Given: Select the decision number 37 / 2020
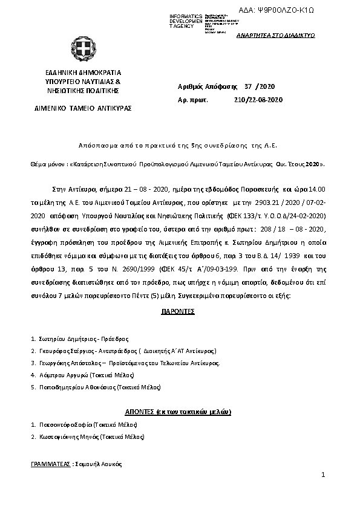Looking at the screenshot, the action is coord(261,87).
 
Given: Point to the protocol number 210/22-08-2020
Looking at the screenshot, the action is coord(258,100).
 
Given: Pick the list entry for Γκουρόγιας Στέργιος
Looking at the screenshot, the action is coord(67,351).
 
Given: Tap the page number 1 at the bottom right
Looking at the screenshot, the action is coord(324,476).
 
